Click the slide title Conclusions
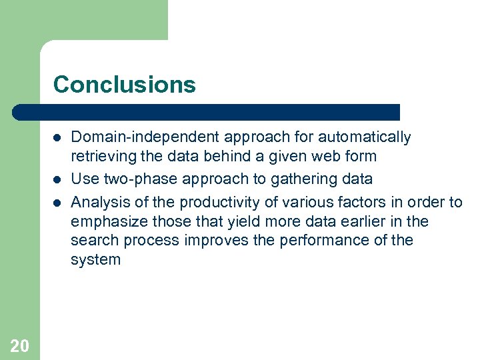125,85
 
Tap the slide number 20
20,345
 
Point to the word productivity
219,203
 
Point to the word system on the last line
95,259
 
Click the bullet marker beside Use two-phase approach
58,179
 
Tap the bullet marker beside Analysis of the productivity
58,203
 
